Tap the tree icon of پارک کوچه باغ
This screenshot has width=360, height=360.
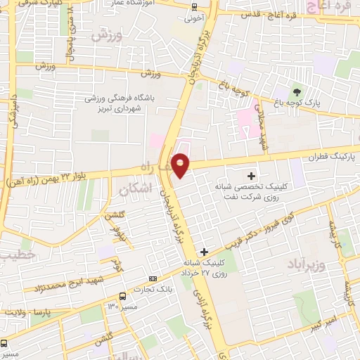point(296,91)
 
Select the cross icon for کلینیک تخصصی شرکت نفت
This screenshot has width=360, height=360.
point(252,175)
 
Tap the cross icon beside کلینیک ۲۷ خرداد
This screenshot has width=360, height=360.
point(204,251)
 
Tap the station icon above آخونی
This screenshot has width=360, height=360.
point(195,6)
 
